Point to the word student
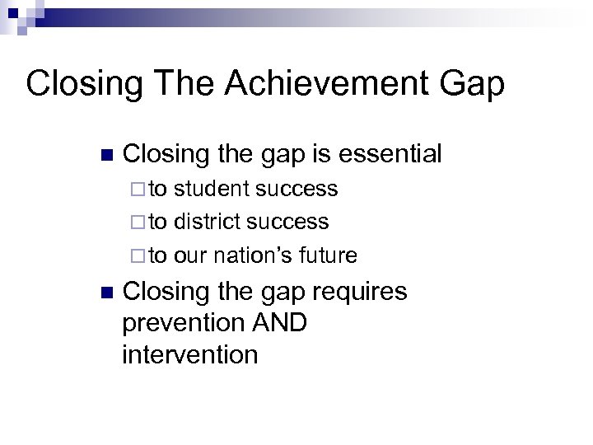pyautogui.click(x=212, y=190)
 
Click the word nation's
pyautogui.click(x=252, y=255)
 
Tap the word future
pyautogui.click(x=329, y=255)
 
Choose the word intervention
pyautogui.click(x=189, y=354)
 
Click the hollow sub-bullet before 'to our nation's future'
pyautogui.click(x=137, y=256)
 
